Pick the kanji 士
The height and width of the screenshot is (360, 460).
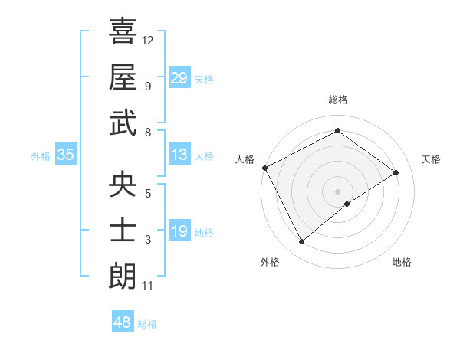[123, 230]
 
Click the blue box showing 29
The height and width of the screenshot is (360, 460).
[179, 78]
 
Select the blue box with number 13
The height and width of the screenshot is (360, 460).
[179, 155]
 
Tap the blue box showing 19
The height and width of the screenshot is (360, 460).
[179, 231]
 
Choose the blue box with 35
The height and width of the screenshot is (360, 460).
[66, 155]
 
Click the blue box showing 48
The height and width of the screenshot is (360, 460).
[123, 322]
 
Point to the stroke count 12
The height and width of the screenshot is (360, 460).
[148, 40]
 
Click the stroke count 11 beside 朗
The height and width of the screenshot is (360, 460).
[148, 286]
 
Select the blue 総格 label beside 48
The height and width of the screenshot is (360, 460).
[147, 324]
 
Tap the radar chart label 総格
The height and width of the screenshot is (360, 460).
[337, 100]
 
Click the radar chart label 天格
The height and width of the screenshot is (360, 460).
[432, 159]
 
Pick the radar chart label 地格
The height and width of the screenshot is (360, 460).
[402, 262]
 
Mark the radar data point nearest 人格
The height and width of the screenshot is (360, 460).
[264, 167]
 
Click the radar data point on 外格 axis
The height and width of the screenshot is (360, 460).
[301, 242]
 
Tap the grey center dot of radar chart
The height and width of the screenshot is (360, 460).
[337, 191]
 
